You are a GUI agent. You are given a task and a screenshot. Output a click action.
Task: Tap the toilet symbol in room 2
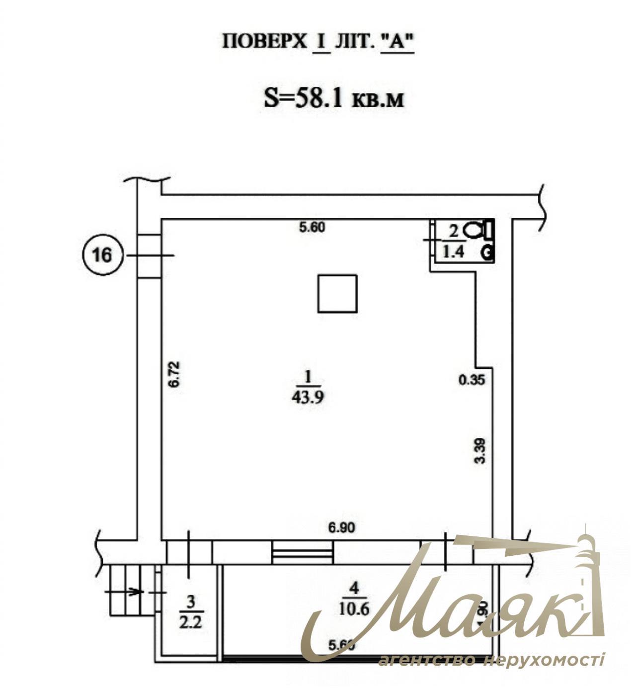pos(473,230)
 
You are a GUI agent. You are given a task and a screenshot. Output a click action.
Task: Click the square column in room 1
pos(337,294)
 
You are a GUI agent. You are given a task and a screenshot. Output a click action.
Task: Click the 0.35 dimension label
pos(471,381)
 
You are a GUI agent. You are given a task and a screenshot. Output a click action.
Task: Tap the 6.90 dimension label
pos(342,528)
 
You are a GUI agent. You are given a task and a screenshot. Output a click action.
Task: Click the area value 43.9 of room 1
pos(309,397)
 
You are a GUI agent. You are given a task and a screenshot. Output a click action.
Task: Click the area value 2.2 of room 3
pos(191,622)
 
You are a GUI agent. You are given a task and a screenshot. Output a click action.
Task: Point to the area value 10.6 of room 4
pos(355,608)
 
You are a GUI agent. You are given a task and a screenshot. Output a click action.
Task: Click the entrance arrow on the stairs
pos(133,592)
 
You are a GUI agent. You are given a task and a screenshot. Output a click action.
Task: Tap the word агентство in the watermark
pos(427,660)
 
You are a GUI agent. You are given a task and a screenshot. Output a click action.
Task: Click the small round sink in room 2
pos(487,253)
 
